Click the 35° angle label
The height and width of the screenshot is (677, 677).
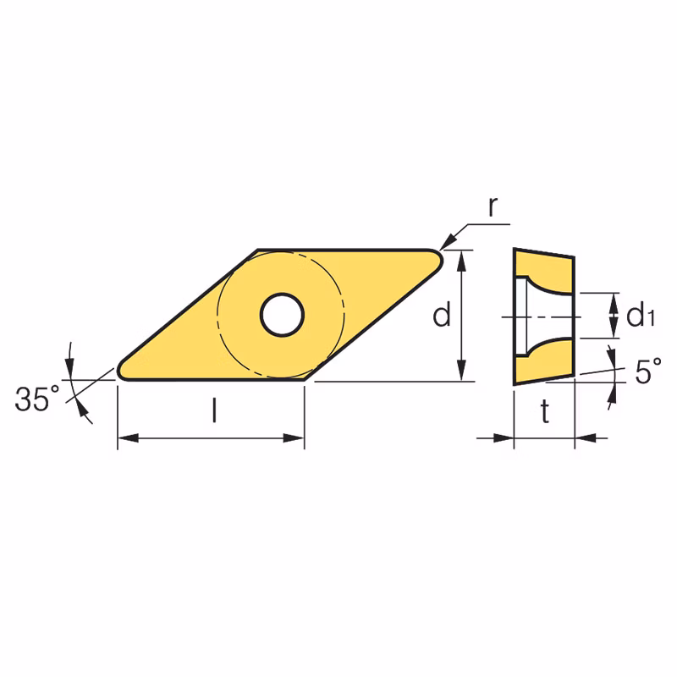click(37, 399)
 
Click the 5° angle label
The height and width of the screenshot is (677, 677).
click(648, 371)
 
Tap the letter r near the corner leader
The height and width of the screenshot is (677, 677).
click(493, 206)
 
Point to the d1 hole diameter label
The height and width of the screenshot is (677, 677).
click(641, 315)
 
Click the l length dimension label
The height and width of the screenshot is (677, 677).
click(214, 410)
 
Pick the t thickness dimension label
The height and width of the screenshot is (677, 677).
click(545, 411)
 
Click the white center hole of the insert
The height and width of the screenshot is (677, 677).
click(282, 315)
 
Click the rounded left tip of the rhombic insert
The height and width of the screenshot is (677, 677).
click(121, 372)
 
